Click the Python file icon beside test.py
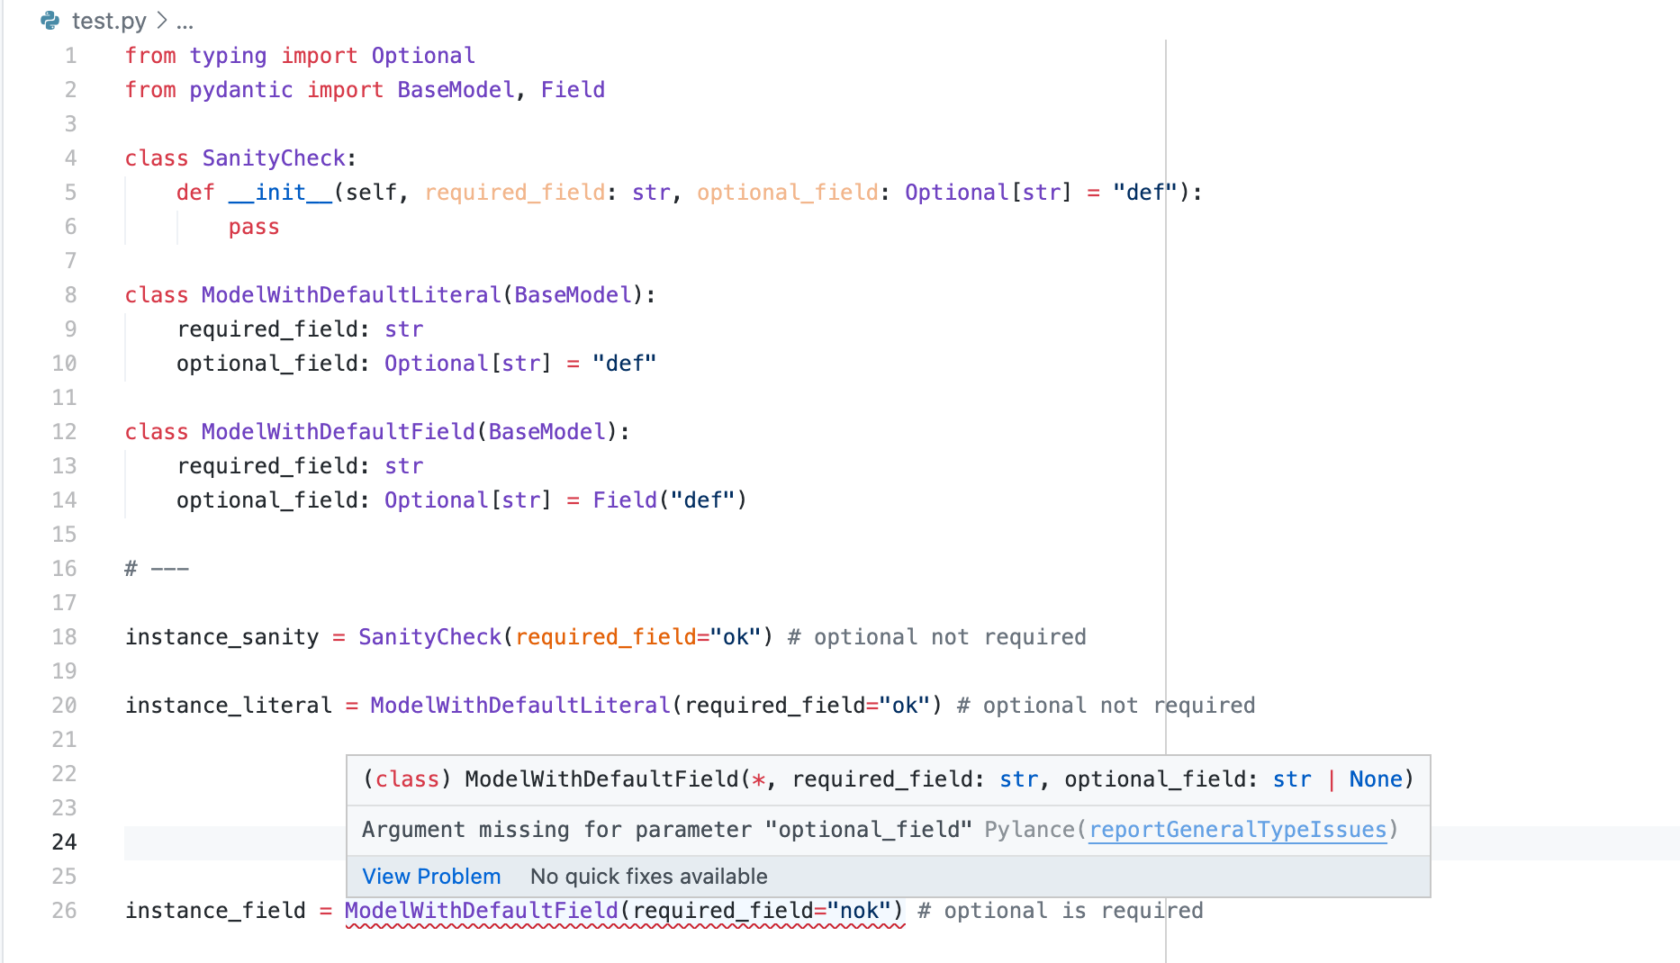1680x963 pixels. point(50,21)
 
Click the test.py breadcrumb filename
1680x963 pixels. point(109,21)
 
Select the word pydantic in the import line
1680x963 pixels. point(241,90)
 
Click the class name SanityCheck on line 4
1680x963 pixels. point(274,158)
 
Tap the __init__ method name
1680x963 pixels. point(280,193)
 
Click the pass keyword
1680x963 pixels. point(254,227)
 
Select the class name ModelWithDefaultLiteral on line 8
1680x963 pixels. point(351,295)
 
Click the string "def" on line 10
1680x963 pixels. point(624,364)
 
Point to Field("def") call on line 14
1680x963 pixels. point(669,500)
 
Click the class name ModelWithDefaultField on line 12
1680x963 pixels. point(338,432)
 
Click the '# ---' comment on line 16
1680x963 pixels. point(157,569)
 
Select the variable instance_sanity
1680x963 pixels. point(221,637)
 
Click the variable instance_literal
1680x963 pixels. point(229,706)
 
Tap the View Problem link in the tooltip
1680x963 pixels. point(431,877)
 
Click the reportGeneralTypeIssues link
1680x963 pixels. point(1238,830)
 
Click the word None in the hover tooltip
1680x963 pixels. point(1376,779)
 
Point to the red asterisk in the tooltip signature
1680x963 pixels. point(758,779)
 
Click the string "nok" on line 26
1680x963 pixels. point(859,911)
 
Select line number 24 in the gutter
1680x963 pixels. point(64,842)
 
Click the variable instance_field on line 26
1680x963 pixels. point(215,911)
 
